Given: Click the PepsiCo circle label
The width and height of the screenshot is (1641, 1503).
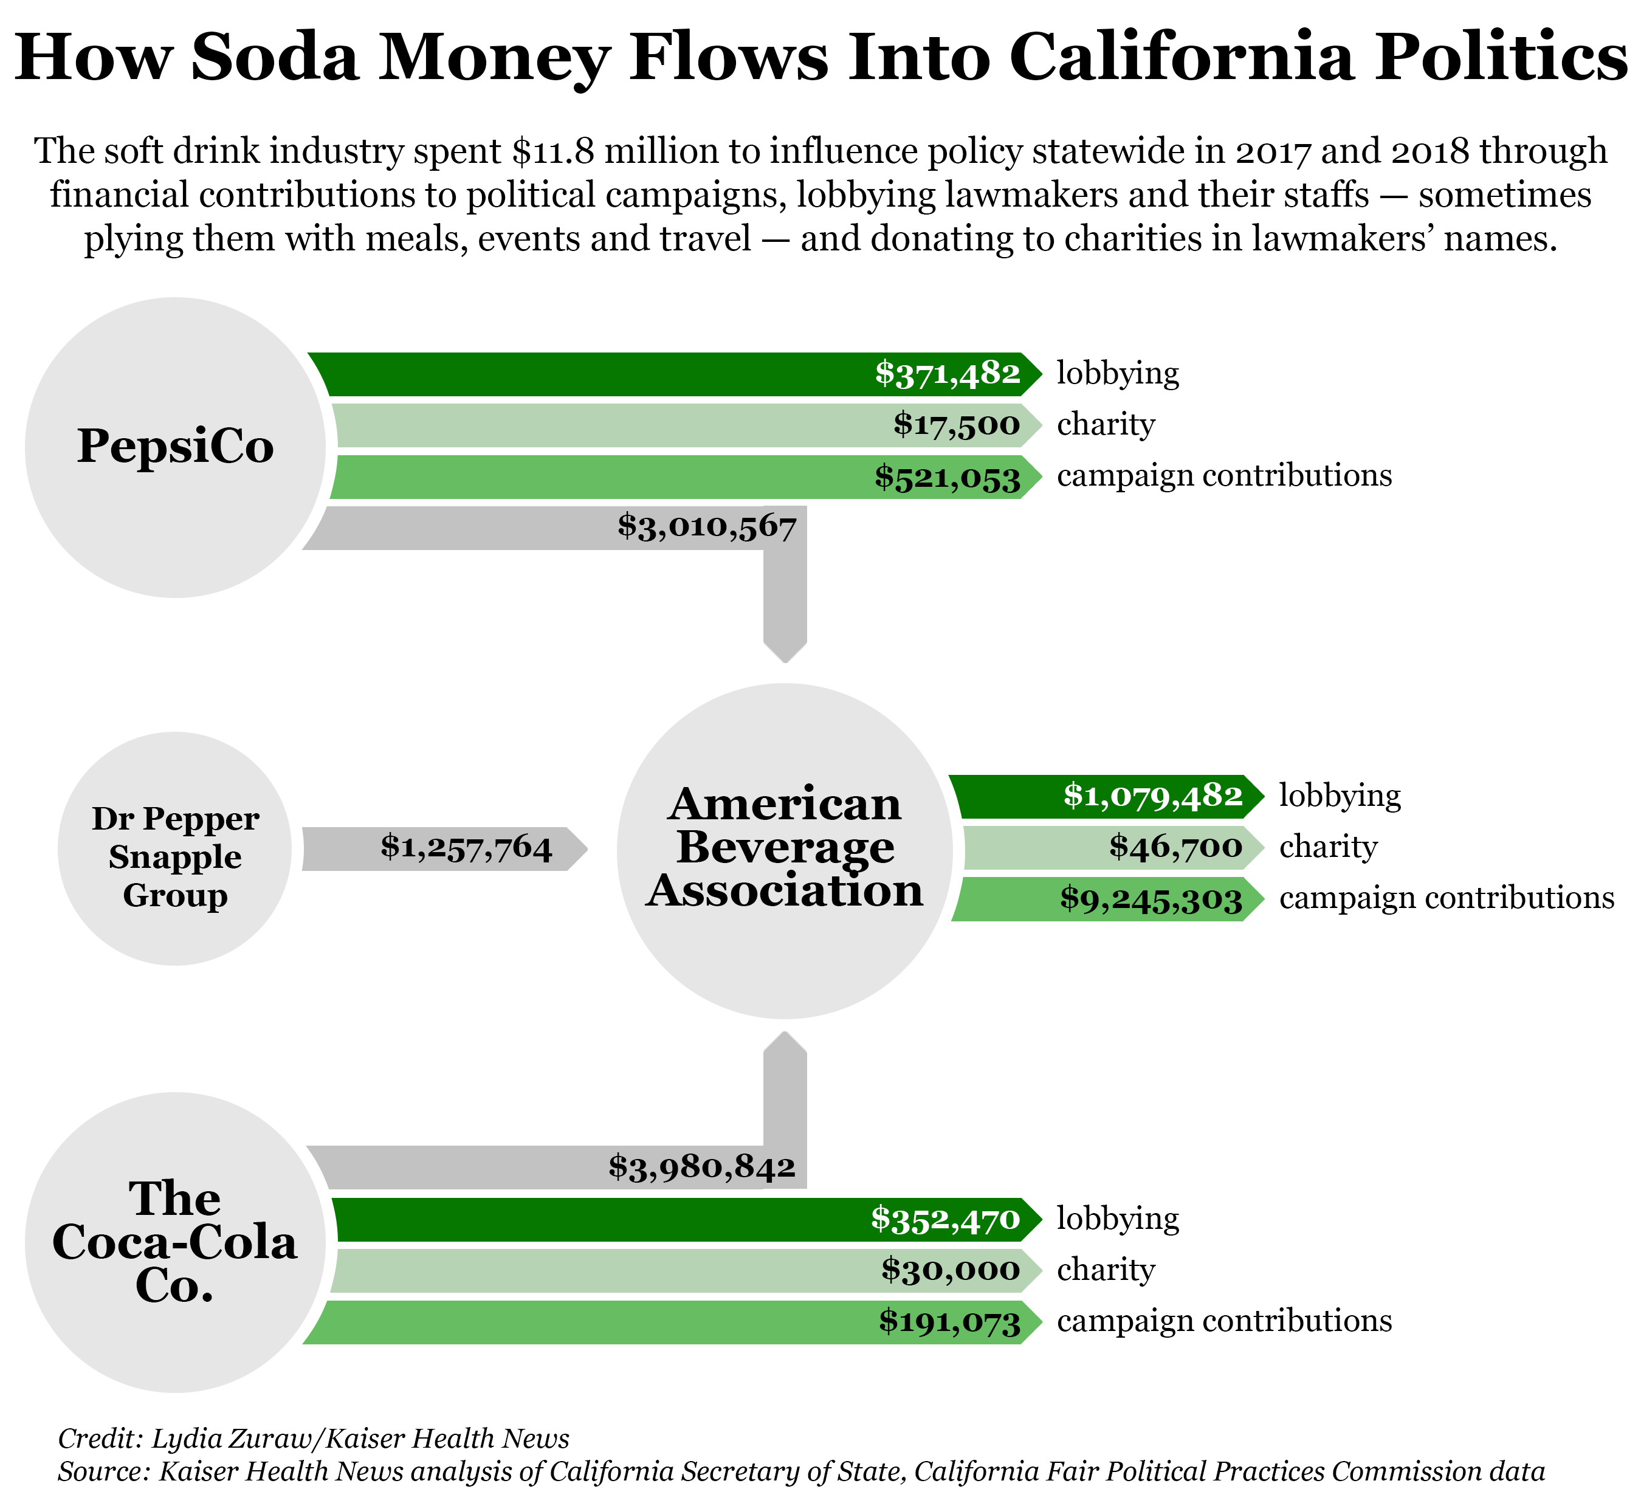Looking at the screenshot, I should [x=175, y=446].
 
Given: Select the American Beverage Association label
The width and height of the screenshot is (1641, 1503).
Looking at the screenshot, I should [x=785, y=847].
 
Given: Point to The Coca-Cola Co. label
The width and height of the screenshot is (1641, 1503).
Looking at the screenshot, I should [x=175, y=1242].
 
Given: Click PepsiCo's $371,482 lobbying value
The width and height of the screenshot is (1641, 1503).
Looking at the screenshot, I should [x=948, y=374].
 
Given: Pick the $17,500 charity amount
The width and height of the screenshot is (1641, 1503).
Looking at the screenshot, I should [x=957, y=425].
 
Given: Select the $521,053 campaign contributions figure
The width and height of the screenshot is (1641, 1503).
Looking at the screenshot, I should [x=948, y=477].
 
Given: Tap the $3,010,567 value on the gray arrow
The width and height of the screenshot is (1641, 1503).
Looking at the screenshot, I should [x=706, y=528].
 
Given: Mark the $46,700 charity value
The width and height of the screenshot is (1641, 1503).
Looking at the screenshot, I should [x=1175, y=847].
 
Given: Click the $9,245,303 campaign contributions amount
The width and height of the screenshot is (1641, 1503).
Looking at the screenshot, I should [x=1151, y=899].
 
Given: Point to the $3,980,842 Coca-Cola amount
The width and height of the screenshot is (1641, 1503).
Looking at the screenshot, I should [x=701, y=1168].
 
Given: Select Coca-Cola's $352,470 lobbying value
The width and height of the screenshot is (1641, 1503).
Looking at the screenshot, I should [x=945, y=1219].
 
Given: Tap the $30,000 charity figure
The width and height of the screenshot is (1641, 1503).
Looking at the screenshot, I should [x=950, y=1270].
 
